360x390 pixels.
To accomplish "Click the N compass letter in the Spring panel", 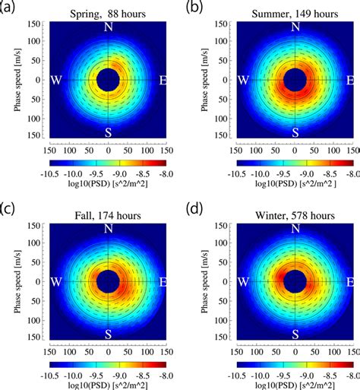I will click(108, 28).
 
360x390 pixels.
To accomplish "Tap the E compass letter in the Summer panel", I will click(349, 80).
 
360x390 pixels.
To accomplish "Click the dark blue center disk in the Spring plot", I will click(108, 80).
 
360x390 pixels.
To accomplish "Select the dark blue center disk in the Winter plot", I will click(295, 281).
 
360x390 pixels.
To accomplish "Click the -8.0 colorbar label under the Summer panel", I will click(352, 173).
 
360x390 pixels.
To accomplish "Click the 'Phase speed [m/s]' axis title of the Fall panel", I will click(16, 281).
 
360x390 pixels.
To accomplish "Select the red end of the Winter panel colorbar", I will click(347, 363).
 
